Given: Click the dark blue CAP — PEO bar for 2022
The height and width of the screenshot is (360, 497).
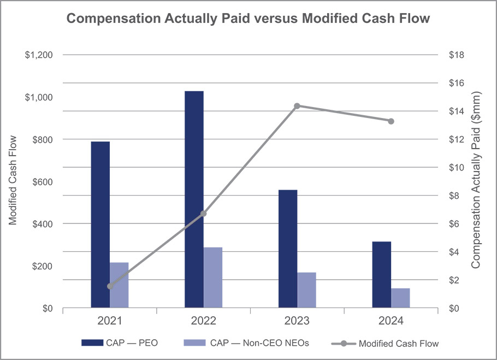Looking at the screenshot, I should pos(194,199).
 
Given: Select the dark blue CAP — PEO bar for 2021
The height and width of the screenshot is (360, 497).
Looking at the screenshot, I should pos(100,225).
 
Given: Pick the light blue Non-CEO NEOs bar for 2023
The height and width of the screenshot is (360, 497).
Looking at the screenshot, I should pos(306,290).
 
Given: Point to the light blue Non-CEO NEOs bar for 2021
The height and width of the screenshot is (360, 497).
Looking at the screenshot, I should pos(119,285).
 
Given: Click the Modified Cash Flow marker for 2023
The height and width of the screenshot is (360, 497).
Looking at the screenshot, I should pos(297,106).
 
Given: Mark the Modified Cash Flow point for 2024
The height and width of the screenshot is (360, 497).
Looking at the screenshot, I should pos(391,121).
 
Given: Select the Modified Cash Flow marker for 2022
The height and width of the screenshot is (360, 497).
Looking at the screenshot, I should pos(204,214).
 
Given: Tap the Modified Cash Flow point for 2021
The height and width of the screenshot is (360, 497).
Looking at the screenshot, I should pos(110,286).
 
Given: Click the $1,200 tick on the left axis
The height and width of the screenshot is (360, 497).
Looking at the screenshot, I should pos(38,55).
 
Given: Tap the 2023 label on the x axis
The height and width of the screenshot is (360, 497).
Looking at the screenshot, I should pos(297,321).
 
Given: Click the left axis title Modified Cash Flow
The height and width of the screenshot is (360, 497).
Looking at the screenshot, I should pos(13,180).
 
